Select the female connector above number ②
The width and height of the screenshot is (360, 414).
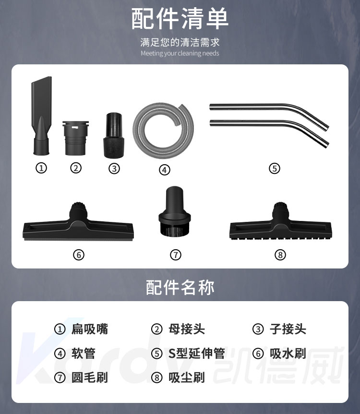pyautogui.click(x=75, y=138)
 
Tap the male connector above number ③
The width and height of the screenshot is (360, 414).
pyautogui.click(x=114, y=135)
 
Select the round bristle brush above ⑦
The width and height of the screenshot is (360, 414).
pyautogui.click(x=174, y=211)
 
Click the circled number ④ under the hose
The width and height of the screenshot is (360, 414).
pyautogui.click(x=165, y=170)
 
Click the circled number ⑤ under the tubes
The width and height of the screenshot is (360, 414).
pyautogui.click(x=275, y=168)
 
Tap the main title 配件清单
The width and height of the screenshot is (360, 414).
pyautogui.click(x=180, y=18)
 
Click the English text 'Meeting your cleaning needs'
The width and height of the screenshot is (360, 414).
pyautogui.click(x=180, y=53)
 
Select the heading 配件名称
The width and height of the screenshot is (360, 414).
pyautogui.click(x=180, y=287)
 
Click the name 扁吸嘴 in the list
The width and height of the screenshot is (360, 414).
pyautogui.click(x=89, y=329)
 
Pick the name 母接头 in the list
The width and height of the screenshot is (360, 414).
pyautogui.click(x=187, y=329)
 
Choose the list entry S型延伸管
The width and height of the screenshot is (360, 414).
pyautogui.click(x=197, y=353)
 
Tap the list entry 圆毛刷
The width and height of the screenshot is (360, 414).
pyautogui.click(x=89, y=377)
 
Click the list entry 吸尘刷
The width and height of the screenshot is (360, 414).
pyautogui.click(x=187, y=377)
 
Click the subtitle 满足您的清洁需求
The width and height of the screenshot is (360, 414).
pyautogui.click(x=180, y=42)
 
